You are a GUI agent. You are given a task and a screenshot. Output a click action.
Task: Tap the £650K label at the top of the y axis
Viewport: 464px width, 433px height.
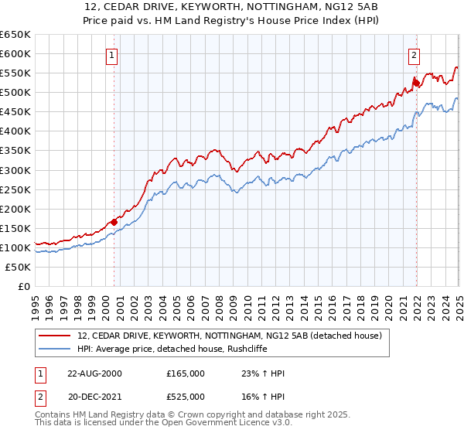coord(15,35)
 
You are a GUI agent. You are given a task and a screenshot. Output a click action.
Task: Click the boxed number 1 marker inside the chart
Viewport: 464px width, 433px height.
coord(113,55)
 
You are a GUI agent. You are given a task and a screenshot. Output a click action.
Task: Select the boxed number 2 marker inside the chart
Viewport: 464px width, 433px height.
coord(415,55)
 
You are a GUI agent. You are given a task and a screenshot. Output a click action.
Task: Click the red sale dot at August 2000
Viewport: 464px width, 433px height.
coord(114,222)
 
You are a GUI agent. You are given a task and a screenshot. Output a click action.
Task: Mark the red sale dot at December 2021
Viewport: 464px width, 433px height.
coord(415,81)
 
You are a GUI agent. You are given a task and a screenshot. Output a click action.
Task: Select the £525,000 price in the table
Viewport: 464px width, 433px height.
coord(186,396)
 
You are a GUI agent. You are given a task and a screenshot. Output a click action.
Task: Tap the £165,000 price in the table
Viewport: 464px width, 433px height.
coord(186,373)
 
